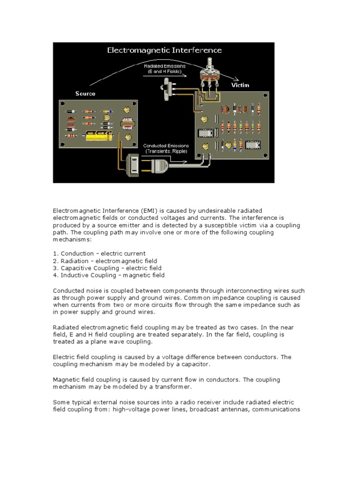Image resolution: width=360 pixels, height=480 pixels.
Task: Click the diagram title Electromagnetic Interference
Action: [x=165, y=50]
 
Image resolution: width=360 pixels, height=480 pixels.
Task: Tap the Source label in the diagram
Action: [x=85, y=94]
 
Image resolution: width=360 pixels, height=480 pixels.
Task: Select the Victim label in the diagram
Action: [x=240, y=85]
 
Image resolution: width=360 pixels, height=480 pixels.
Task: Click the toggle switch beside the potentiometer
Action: [x=166, y=89]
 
